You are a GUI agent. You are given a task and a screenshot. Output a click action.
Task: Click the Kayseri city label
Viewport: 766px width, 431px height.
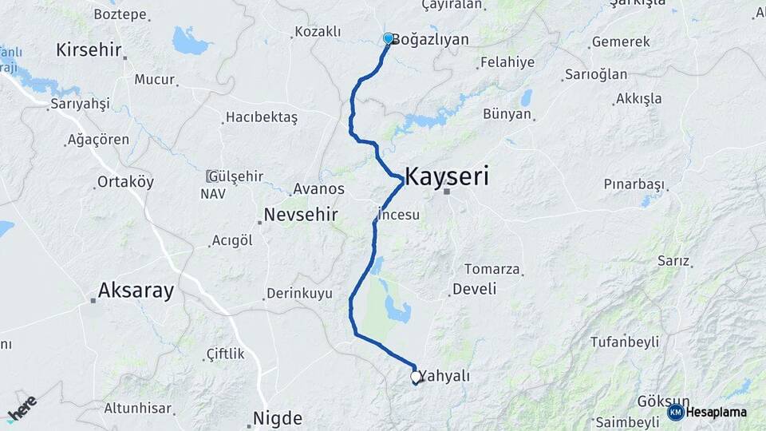(447, 176)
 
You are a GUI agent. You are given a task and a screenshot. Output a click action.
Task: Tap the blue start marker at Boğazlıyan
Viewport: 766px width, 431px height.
(389, 38)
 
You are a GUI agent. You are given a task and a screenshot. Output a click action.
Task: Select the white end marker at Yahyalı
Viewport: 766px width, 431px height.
(415, 376)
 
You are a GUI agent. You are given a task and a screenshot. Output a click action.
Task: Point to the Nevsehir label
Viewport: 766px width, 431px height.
(301, 215)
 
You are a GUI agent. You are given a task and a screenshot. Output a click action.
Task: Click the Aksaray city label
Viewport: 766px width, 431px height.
(136, 291)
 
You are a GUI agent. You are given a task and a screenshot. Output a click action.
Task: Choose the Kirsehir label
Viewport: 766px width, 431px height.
(89, 49)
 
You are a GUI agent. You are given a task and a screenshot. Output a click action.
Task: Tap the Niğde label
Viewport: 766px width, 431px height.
(277, 418)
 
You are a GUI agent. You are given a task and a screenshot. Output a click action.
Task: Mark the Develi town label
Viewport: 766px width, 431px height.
(474, 288)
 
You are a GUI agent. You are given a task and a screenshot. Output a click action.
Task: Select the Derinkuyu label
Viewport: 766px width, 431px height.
(299, 293)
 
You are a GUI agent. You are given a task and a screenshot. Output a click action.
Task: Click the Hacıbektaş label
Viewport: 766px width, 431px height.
(262, 117)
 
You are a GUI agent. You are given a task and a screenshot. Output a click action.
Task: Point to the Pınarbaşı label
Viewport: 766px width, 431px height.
(634, 184)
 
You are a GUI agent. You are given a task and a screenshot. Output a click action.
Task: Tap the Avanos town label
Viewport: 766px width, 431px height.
(318, 189)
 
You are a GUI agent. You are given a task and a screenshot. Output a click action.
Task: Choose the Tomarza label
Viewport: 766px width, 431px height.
(492, 269)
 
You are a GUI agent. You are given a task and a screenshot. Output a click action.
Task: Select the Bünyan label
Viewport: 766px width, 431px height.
(507, 114)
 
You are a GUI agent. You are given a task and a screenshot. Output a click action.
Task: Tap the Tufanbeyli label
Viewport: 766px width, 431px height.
(625, 342)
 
